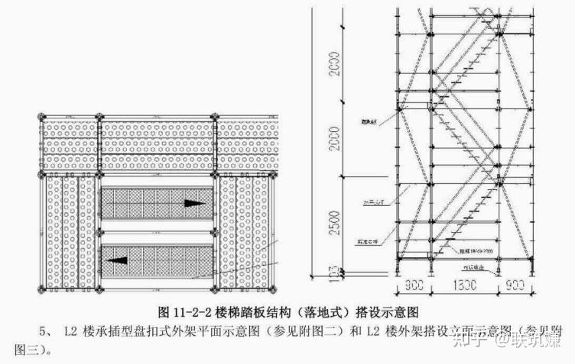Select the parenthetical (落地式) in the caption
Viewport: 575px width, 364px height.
click(x=322, y=313)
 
